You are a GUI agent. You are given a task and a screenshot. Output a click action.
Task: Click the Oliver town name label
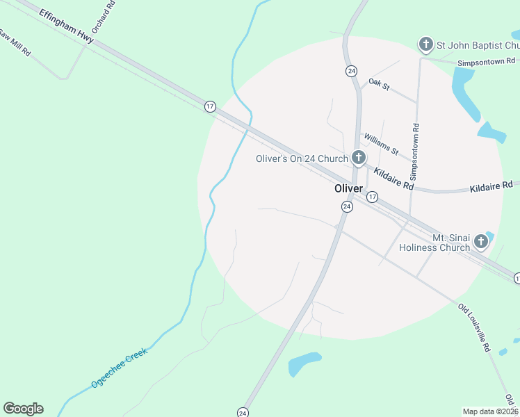pyautogui.click(x=348, y=189)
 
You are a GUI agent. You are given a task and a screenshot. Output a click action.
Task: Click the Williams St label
pyautogui.click(x=381, y=145)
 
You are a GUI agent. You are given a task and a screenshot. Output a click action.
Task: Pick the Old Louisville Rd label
pyautogui.click(x=474, y=327)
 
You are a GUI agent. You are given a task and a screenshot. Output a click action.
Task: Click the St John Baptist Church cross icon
pyautogui.click(x=425, y=45)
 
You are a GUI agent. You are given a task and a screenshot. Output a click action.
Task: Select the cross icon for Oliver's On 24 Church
pyautogui.click(x=358, y=158)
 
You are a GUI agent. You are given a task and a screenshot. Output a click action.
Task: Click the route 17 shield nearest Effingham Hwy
pyautogui.click(x=210, y=106)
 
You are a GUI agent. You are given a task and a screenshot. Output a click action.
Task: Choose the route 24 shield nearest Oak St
pyautogui.click(x=351, y=71)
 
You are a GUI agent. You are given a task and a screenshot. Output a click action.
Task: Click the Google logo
pyautogui.click(x=23, y=409)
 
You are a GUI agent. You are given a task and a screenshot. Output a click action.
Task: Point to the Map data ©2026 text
pyautogui.click(x=490, y=411)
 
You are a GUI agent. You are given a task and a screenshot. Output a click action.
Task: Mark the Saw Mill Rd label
pyautogui.click(x=15, y=42)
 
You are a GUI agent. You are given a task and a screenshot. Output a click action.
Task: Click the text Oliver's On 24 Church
pyautogui.click(x=302, y=159)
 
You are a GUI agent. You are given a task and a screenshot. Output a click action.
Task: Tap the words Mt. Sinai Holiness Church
pyautogui.click(x=431, y=243)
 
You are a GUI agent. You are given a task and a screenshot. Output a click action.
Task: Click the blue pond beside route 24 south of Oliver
pyautogui.click(x=304, y=363)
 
